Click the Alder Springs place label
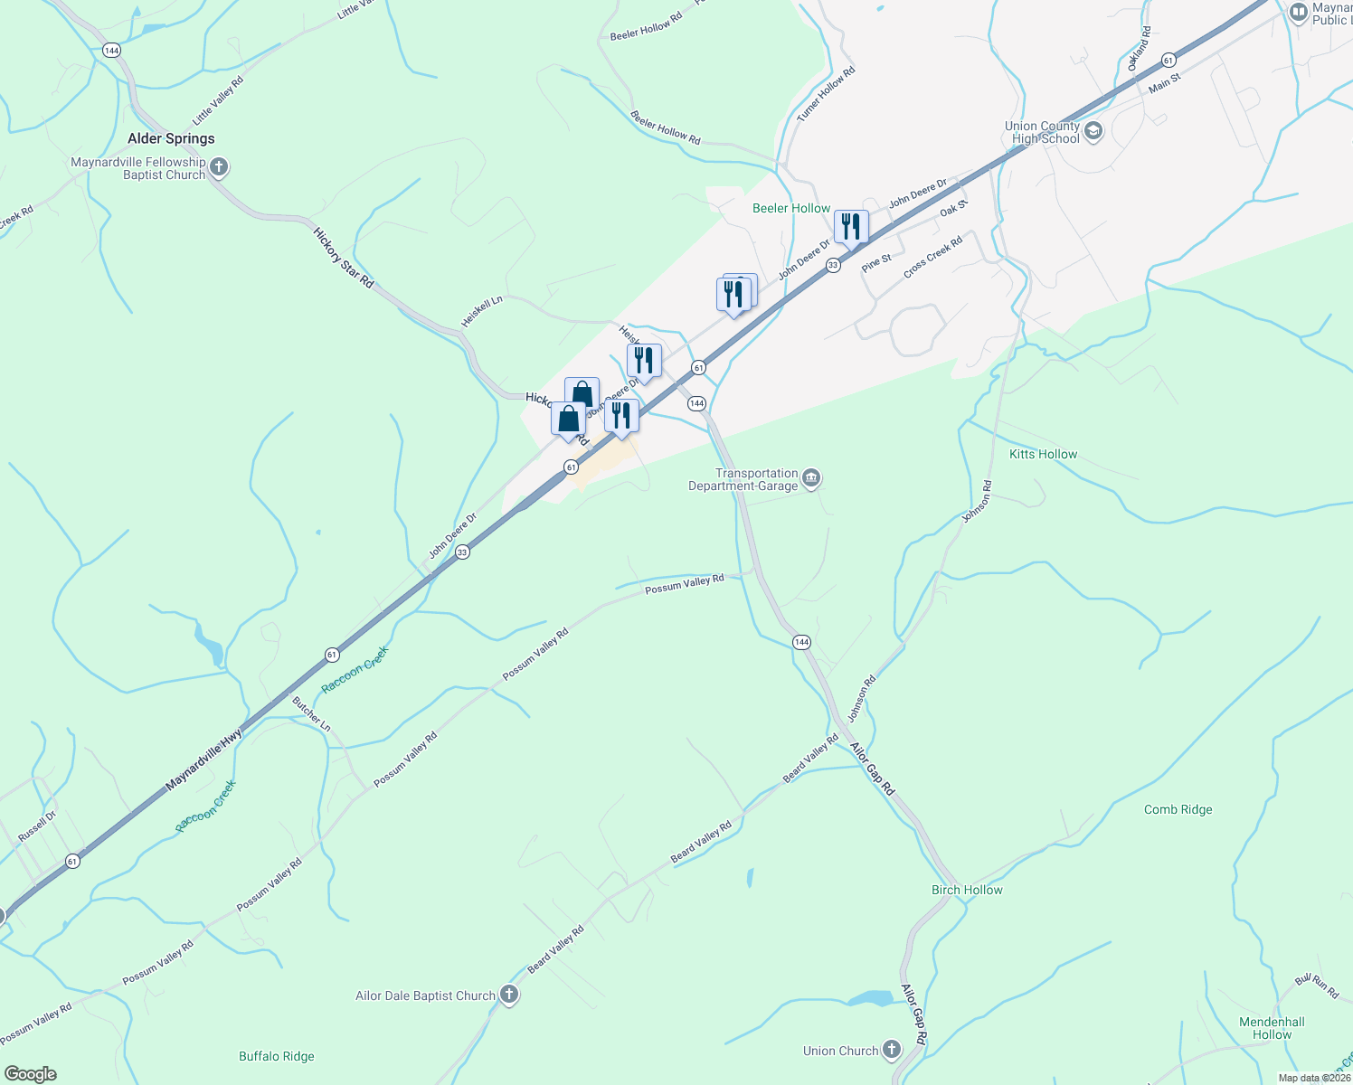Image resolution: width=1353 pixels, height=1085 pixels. pos(171,138)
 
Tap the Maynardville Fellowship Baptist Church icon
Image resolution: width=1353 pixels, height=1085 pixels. pos(220,167)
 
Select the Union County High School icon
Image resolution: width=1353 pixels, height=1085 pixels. pos(1093,132)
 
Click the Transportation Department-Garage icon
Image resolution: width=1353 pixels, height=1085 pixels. pos(811,478)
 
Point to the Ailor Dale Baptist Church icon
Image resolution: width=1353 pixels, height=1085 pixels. pos(509,995)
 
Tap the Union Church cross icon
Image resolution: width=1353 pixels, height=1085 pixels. pos(892,1050)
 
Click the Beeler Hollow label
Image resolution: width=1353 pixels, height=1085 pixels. pos(791,208)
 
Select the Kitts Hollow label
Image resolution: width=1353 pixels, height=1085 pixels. pos(1043,454)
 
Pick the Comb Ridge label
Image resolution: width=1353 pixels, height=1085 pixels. pos(1178,809)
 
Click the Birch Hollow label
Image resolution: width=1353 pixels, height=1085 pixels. pos(967,890)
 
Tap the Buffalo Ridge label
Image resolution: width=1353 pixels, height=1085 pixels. pos(277,1056)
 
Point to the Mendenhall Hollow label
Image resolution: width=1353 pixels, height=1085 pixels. pos(1272,1028)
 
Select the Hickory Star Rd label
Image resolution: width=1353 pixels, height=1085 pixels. pos(344,258)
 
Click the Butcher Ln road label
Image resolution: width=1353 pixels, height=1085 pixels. pos(311,714)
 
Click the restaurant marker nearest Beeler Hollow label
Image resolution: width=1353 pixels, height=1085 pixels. pos(851,227)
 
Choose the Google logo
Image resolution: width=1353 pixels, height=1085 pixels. pos(30,1074)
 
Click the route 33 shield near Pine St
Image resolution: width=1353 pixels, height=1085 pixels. pos(833,265)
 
